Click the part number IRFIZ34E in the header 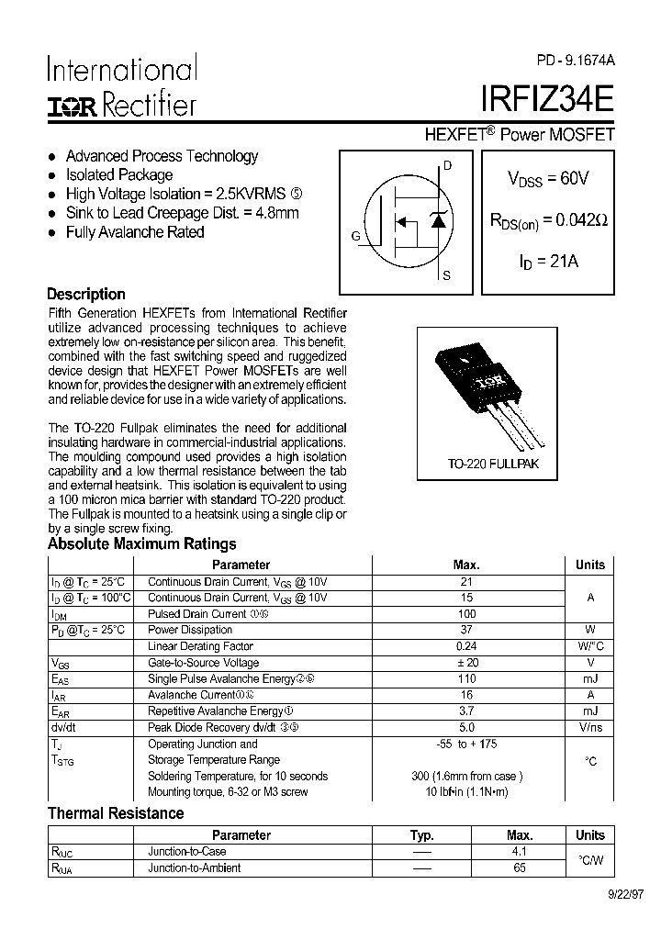point(547,97)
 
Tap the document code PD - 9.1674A point(577,60)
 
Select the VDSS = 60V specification point(548,179)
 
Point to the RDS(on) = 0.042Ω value point(548,220)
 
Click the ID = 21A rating point(548,262)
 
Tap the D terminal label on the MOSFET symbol point(447,166)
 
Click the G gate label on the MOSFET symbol point(355,236)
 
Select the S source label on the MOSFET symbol point(446,275)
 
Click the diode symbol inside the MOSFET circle point(438,220)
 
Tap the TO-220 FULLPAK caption point(493,464)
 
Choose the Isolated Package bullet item point(118,174)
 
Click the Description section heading point(86,294)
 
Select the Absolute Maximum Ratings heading point(141,543)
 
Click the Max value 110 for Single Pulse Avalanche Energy point(466,679)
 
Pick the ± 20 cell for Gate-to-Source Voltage point(466,663)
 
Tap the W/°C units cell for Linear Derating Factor point(590,646)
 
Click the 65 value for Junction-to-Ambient point(520,867)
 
